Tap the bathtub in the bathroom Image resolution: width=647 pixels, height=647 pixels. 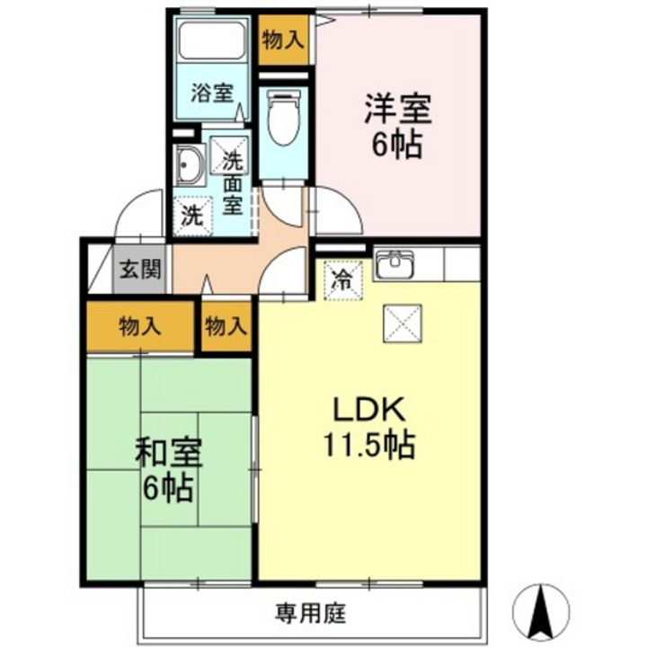coord(212,41)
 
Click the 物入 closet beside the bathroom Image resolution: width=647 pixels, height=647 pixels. coord(282,40)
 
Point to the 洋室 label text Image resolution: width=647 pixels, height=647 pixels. coord(397,111)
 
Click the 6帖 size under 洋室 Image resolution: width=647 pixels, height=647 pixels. coord(397,145)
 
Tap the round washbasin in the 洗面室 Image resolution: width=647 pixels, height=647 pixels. coord(190,166)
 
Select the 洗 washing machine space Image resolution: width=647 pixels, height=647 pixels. coord(191,216)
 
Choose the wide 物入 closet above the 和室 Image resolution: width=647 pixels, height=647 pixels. coord(140,326)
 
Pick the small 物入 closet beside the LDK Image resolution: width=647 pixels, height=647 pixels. coord(225,326)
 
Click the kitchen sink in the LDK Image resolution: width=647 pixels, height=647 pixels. coord(394,264)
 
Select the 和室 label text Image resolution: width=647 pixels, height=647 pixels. coord(168,454)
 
